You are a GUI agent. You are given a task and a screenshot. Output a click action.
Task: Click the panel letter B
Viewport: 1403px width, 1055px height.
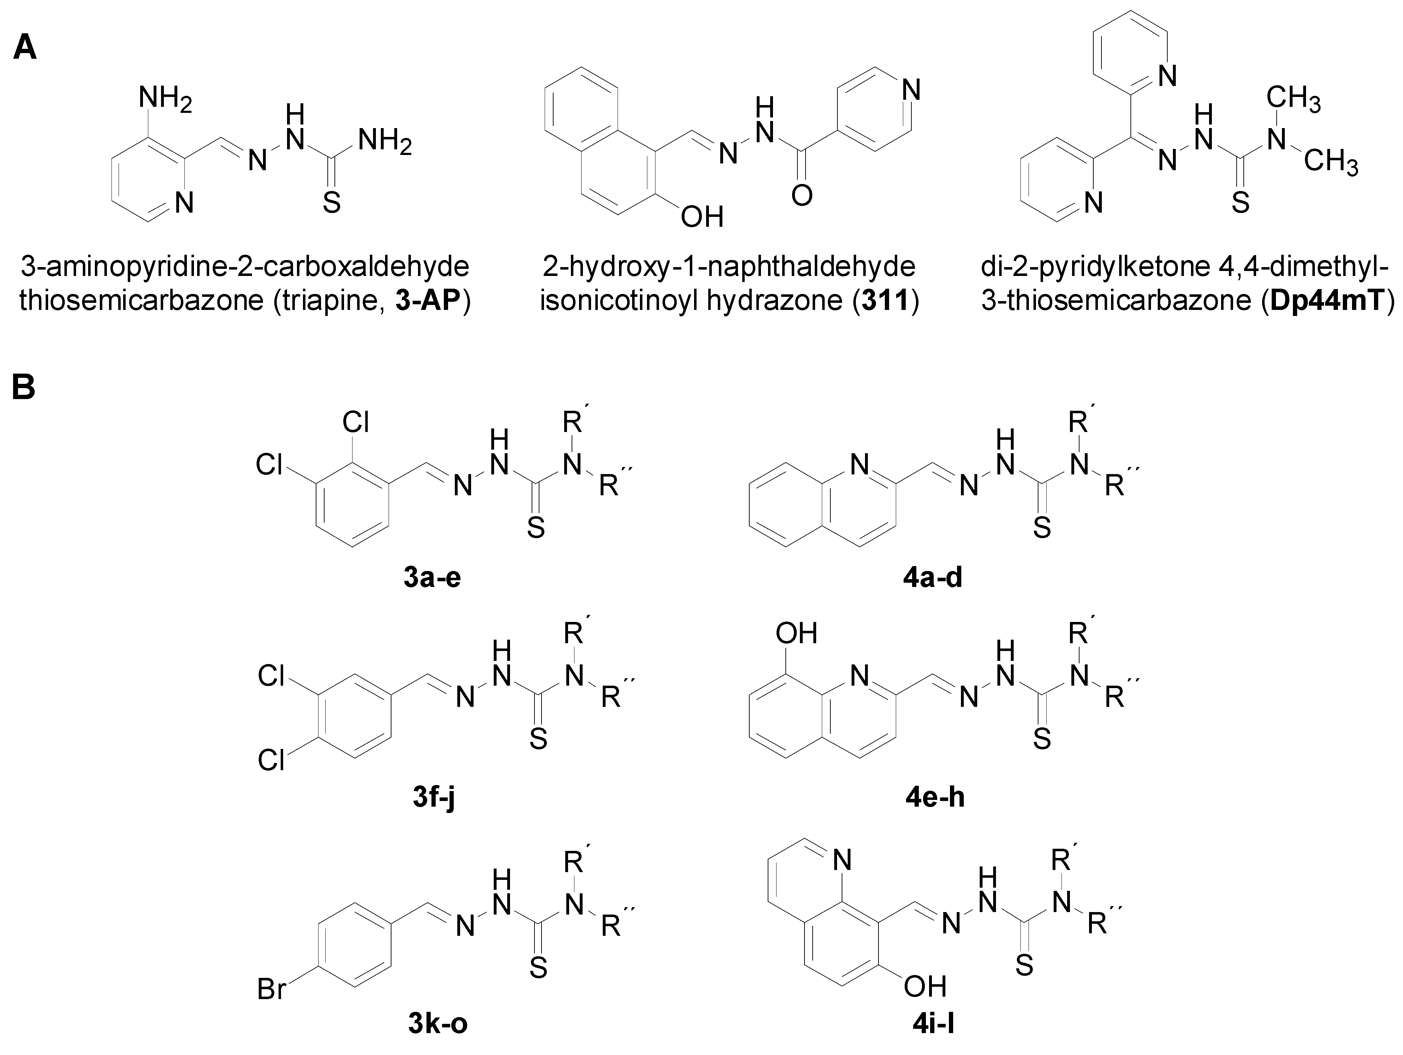pos(24,387)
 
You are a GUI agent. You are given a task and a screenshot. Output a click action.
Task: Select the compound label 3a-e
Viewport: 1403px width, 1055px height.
pos(431,578)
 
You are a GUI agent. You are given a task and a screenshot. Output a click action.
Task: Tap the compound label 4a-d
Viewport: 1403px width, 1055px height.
pos(934,578)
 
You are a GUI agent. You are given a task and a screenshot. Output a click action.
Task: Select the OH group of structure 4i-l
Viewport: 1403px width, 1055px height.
pos(925,986)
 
